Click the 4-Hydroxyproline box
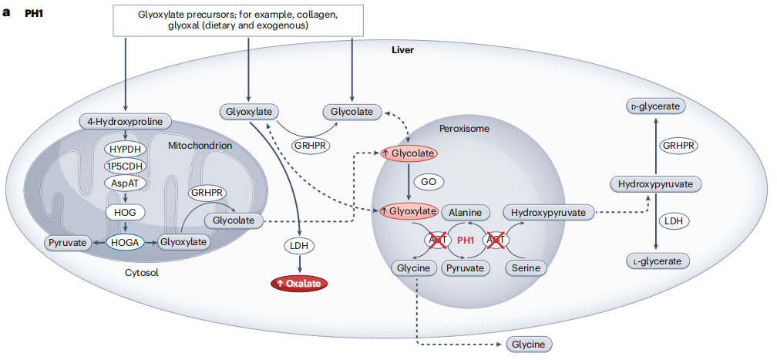tap(126, 121)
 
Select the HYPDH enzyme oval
tap(126, 148)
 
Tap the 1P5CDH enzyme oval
tap(126, 166)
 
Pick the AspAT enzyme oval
tap(126, 183)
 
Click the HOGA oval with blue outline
tap(125, 242)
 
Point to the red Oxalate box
tap(298, 283)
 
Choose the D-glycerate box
tap(655, 106)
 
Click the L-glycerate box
tap(655, 261)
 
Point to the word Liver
tap(402, 50)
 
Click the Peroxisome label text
tap(464, 128)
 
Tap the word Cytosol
tap(141, 273)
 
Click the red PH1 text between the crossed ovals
tap(466, 241)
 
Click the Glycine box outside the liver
tap(530, 345)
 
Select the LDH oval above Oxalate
tap(298, 246)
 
